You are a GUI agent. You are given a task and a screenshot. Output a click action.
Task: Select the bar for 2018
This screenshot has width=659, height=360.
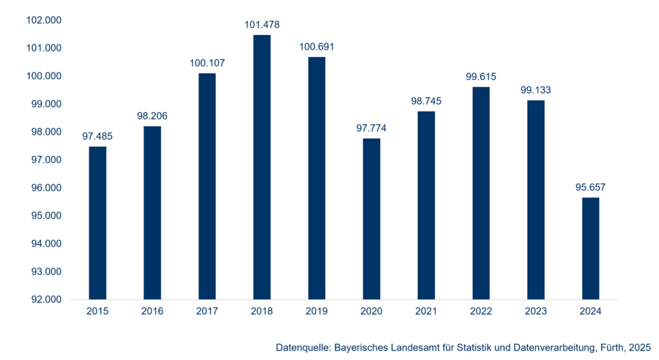(262, 167)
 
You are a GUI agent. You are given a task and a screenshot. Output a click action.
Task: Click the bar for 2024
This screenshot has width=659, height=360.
(591, 248)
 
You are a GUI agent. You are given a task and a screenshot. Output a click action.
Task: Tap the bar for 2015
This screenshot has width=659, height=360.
(97, 222)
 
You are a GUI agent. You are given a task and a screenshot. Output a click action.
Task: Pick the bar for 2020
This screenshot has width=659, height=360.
(372, 219)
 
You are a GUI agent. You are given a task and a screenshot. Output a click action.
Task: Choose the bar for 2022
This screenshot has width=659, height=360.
(481, 193)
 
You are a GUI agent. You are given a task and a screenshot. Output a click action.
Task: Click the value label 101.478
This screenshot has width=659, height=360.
(262, 25)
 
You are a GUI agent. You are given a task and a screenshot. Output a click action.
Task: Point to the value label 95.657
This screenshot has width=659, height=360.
(591, 187)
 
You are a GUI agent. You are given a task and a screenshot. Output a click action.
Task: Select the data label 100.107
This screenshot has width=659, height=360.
(207, 63)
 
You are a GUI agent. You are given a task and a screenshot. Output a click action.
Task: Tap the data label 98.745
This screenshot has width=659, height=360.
(426, 101)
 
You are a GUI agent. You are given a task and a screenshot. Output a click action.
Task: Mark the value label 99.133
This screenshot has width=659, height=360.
(536, 90)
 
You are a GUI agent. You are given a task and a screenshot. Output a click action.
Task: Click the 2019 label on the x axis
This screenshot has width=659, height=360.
(316, 312)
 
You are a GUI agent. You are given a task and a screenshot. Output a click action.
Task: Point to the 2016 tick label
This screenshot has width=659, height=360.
(152, 312)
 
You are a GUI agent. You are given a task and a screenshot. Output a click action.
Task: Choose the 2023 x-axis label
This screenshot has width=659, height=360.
(536, 312)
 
